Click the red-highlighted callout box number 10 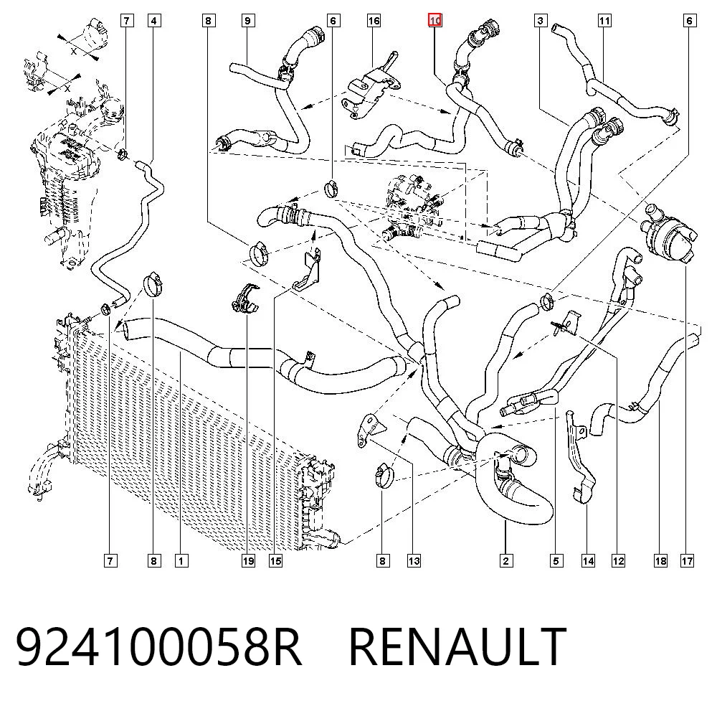pos(435,21)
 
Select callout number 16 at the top pos(374,21)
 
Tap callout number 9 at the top pos(248,21)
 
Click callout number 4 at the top pos(154,21)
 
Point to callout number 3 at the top pos(541,21)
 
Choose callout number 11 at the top pos(604,21)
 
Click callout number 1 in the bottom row pos(181,560)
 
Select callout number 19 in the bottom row pos(248,560)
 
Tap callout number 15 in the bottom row pos(276,560)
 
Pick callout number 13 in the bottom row pos(414,560)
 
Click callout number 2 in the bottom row pos(505,560)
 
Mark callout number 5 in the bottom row pos(556,560)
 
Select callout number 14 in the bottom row pos(588,560)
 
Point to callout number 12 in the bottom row pos(618,560)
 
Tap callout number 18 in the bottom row pos(660,560)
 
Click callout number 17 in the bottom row pos(688,560)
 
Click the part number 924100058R pos(158,646)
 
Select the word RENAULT pos(457,646)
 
